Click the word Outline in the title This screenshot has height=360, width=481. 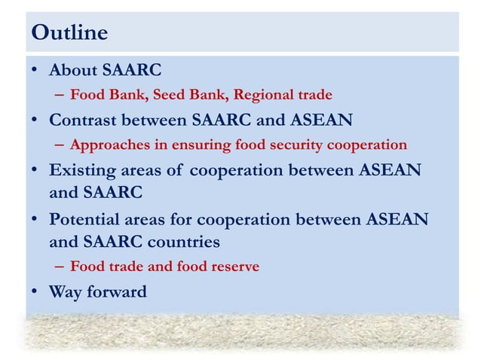click(x=69, y=32)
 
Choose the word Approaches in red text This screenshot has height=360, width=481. click(x=106, y=145)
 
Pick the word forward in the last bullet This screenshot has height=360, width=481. click(x=116, y=291)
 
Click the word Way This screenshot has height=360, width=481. click(x=65, y=291)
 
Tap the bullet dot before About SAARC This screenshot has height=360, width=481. click(x=35, y=72)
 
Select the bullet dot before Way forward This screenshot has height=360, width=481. click(x=35, y=291)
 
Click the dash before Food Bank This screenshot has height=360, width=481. click(x=60, y=96)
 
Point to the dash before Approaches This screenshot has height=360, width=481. click(x=60, y=145)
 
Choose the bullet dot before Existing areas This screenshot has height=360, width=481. click(x=35, y=171)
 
